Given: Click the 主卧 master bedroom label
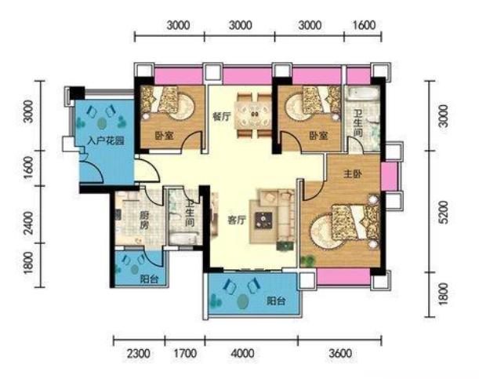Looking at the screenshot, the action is click(x=353, y=174).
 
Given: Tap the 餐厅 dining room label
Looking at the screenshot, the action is click(x=222, y=116).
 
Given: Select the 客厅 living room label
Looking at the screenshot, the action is click(x=237, y=220).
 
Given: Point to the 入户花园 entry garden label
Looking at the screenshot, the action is click(x=105, y=141).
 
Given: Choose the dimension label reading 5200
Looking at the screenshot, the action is click(x=445, y=212).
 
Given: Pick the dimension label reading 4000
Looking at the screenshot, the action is click(x=242, y=354).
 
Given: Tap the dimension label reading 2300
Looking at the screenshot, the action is click(x=139, y=354).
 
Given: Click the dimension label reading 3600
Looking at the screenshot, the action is click(x=340, y=354).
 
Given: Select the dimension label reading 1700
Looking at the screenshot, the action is click(x=185, y=354).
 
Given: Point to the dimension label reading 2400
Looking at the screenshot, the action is click(x=28, y=223).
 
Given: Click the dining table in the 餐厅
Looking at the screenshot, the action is click(x=252, y=115).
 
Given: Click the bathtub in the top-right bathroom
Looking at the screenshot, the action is click(x=361, y=93).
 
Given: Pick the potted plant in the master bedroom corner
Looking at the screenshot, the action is click(x=308, y=261).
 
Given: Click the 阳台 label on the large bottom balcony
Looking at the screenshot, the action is click(x=277, y=301).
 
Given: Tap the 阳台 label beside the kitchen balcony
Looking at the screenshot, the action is click(x=150, y=279).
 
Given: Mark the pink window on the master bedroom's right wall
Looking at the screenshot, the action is click(x=389, y=177).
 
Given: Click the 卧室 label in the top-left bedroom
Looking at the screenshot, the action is click(x=165, y=136).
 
